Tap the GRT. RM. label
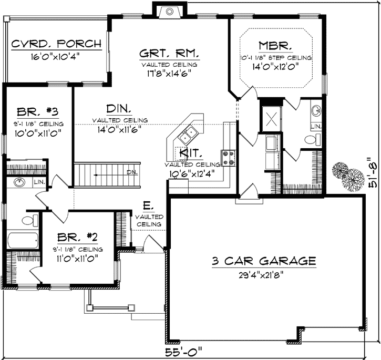tap(169, 53)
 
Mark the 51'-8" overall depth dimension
tap(372, 178)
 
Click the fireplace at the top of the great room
tap(169, 10)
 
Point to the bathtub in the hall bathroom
tap(22, 241)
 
